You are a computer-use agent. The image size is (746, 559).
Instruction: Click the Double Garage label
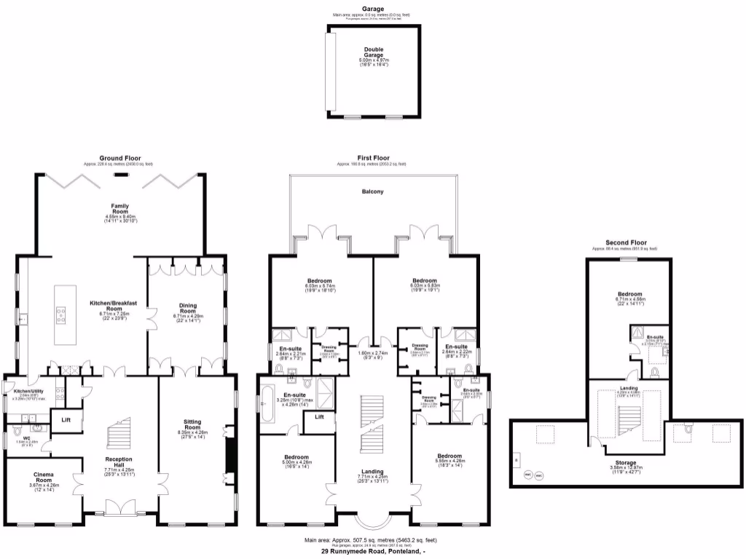point(374,52)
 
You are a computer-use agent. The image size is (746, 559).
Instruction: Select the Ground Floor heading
point(120,158)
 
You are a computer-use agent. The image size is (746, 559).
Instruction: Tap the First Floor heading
point(373,158)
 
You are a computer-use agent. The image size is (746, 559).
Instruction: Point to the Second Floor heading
point(626,242)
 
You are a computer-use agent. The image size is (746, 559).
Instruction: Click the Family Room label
point(119,208)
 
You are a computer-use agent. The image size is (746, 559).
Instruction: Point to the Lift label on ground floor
point(66,420)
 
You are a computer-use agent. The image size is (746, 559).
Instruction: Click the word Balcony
point(372,192)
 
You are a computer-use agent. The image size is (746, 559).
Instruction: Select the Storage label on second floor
point(626,462)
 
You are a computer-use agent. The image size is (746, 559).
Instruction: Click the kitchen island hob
point(60,314)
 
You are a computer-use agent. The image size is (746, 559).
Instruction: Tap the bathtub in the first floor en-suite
point(270,398)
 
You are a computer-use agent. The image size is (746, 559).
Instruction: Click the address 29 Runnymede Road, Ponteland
point(373,552)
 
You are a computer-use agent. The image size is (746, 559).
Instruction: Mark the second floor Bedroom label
point(626,294)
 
